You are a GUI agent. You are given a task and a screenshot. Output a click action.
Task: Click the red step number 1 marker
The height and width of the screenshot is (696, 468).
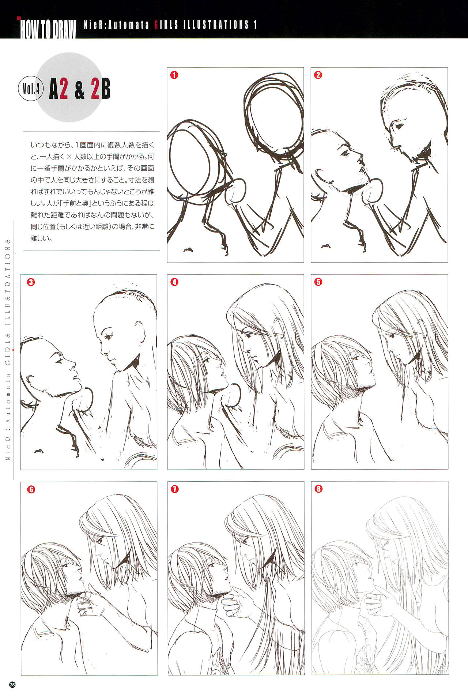174,75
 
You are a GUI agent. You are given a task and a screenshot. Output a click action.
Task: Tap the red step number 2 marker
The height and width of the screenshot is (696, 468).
318,75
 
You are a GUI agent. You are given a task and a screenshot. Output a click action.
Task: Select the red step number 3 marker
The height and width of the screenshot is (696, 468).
31,282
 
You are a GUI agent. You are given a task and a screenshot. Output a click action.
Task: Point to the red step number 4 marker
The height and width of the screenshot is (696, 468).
174,282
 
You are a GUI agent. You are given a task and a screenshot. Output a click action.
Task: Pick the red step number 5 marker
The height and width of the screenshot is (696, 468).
318,282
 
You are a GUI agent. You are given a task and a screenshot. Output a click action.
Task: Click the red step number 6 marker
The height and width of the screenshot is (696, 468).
31,489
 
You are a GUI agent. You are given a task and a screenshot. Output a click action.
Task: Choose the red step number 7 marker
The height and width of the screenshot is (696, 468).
174,489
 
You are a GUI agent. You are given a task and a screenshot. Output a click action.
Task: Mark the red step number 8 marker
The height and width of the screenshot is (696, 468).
318,489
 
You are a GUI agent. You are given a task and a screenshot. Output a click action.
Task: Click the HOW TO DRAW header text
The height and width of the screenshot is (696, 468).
48,29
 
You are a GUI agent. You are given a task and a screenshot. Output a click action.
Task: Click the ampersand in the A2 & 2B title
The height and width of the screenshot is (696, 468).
79,90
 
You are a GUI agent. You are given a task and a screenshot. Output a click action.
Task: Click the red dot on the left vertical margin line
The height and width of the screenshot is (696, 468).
14,350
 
